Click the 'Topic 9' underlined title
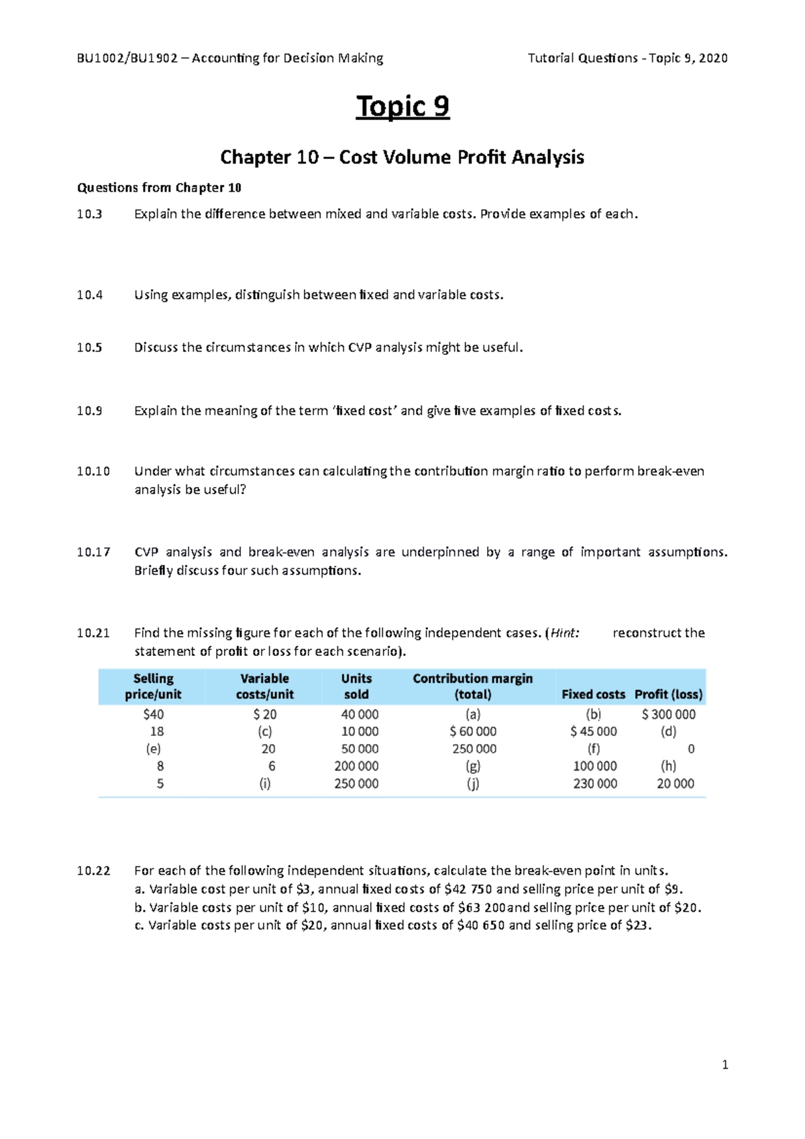[x=402, y=107]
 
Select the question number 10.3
[x=89, y=214]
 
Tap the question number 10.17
[x=93, y=552]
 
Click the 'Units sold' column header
[x=356, y=686]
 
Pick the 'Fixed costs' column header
[x=593, y=694]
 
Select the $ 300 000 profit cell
[x=668, y=714]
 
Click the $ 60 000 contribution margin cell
[x=473, y=731]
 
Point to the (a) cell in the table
[x=473, y=714]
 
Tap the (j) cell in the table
[x=473, y=783]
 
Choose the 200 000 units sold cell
[x=356, y=766]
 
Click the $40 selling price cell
[x=154, y=714]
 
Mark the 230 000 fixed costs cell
[x=594, y=783]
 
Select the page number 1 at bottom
[x=724, y=1065]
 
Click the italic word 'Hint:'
[x=564, y=633]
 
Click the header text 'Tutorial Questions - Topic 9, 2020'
[x=627, y=58]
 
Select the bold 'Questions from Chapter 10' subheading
[x=159, y=188]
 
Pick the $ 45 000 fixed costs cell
[x=593, y=731]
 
